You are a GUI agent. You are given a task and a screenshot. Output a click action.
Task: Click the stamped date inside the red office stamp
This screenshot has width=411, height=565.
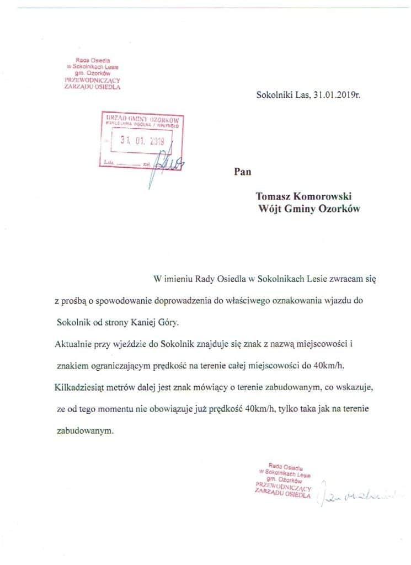coord(143,140)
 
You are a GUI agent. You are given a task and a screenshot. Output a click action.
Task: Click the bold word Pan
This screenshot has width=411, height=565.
coord(243,172)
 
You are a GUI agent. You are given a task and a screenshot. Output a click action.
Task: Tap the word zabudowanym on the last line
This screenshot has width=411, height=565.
coord(86,430)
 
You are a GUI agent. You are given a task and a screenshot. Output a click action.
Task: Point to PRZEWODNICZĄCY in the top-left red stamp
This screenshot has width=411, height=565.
coord(92,80)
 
